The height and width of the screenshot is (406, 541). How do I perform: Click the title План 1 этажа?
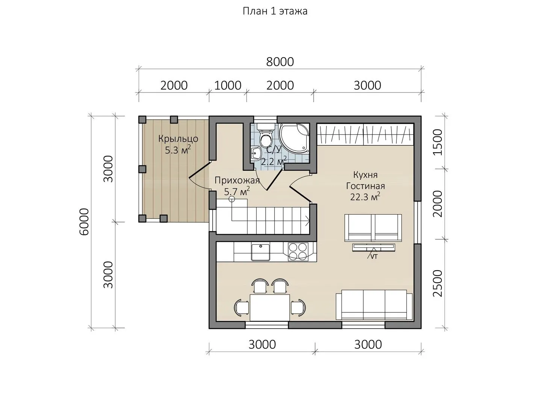[x=275, y=11]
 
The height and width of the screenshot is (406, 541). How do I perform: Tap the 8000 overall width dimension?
[x=280, y=62]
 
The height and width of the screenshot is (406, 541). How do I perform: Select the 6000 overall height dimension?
[x=84, y=222]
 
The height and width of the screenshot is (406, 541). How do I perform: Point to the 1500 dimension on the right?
[x=438, y=142]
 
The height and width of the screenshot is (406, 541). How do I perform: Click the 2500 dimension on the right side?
[x=438, y=283]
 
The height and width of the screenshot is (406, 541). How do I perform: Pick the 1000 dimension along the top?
[x=228, y=86]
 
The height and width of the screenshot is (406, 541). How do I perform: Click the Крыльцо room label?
[x=178, y=139]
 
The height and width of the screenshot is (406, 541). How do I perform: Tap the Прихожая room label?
[x=237, y=180]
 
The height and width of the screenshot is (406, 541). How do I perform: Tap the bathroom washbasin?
[x=257, y=154]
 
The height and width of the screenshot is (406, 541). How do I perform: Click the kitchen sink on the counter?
[x=260, y=252]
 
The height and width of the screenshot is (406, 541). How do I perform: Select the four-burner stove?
[x=298, y=252]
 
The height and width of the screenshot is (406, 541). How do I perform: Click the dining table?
[x=270, y=308]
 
